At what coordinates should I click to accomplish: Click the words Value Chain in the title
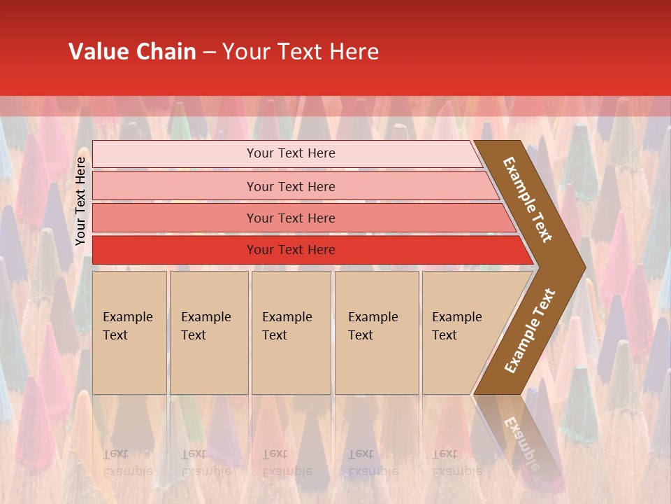tap(132, 52)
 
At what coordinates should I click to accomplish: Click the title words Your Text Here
tap(301, 52)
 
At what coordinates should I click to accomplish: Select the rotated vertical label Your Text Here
tap(80, 201)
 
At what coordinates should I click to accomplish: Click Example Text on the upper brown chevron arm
tap(528, 199)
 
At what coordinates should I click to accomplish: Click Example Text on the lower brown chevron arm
tap(530, 331)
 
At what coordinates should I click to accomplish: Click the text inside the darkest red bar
tap(291, 250)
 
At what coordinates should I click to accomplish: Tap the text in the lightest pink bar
tap(291, 153)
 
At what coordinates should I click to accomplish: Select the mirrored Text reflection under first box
tap(115, 454)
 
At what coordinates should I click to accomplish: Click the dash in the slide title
tap(209, 52)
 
